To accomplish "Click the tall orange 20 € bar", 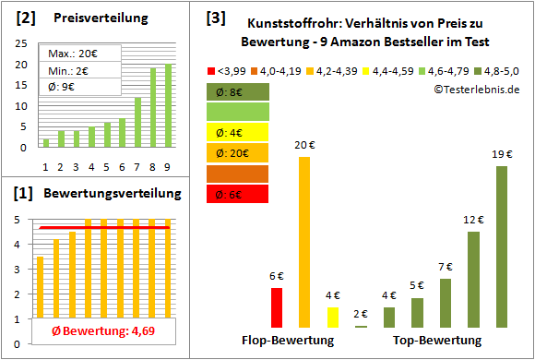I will point(304,242).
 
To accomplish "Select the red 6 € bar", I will point(277,307).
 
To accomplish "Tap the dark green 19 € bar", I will point(502,246).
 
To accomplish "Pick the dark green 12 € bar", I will point(473,279).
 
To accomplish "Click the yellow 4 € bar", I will point(333,318).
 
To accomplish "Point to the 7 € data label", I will point(446,267).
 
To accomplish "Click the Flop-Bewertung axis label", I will point(287,341).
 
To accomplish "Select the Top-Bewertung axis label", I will point(430,341).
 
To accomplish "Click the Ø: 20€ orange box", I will point(237,152).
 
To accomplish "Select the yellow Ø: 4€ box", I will point(237,132).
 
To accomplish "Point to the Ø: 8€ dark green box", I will point(237,91).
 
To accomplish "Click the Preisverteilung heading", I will point(90,18).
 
